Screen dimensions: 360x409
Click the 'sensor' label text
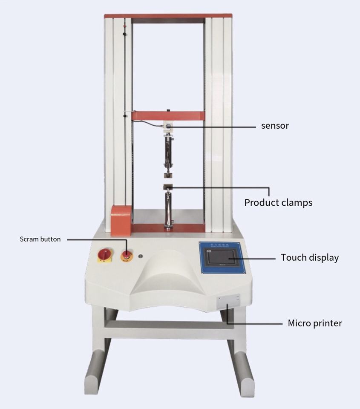tap(275, 126)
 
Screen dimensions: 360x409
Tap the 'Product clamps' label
tap(278, 202)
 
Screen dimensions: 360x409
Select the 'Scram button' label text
tap(40, 239)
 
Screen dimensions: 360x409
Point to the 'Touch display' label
tap(310, 258)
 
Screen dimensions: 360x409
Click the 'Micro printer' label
tap(315, 323)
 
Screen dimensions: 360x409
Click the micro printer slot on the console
tap(228, 302)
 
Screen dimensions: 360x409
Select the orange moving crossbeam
tap(168, 116)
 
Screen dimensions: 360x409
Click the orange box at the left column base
tap(121, 221)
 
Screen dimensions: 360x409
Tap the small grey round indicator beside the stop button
tap(141, 256)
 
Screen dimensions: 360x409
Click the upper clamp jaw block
tap(168, 175)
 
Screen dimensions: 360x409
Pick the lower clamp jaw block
tap(168, 187)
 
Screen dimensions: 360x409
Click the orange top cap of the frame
tap(168, 16)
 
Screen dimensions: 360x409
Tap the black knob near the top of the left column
tap(125, 34)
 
